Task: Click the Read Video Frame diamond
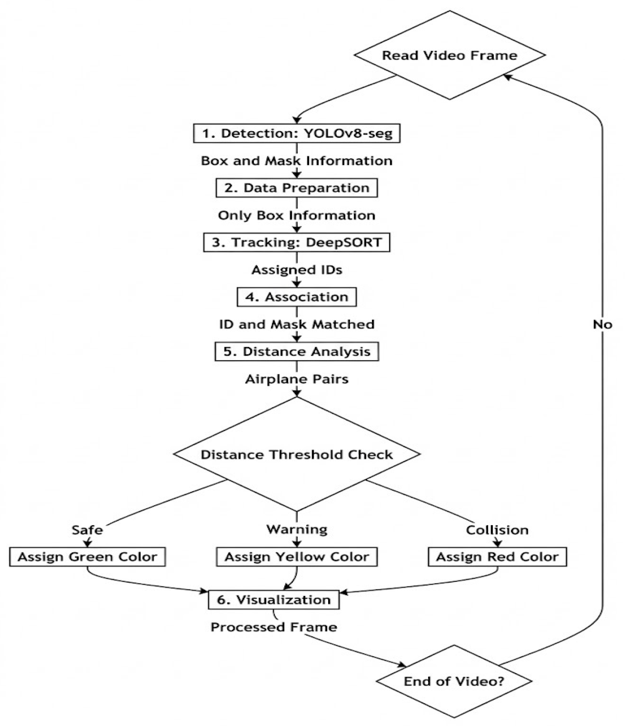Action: pos(450,55)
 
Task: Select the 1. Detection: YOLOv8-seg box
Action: pos(297,133)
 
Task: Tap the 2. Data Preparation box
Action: pos(297,188)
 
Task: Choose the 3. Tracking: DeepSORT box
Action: pos(297,242)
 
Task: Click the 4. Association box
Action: pos(297,297)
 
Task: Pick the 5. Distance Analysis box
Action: pos(297,351)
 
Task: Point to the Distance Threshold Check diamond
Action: pos(297,454)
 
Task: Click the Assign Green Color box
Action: pos(87,557)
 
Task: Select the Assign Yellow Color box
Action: pos(297,557)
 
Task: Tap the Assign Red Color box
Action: pos(497,557)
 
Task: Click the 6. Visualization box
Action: pos(274,599)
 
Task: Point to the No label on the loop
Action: pos(602,325)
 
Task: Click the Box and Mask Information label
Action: pos(297,161)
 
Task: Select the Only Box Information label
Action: pos(297,215)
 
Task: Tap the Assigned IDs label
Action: pos(297,270)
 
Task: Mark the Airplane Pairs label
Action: pos(297,379)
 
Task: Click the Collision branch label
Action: pos(497,530)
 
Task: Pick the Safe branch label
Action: pos(87,530)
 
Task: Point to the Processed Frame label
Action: pos(274,627)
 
